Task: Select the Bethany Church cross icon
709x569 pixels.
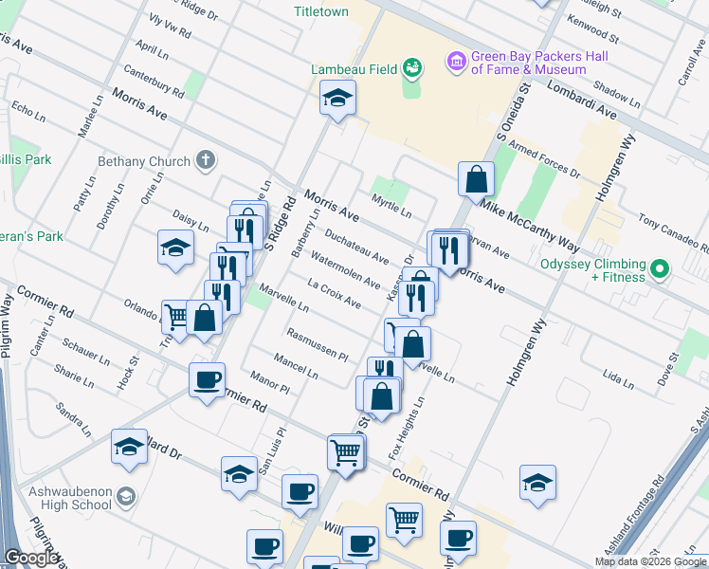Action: pos(205,161)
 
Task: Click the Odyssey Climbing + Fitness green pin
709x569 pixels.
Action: pos(661,270)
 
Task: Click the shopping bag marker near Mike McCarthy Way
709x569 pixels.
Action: pos(476,178)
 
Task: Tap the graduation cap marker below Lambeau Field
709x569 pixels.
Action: pos(337,99)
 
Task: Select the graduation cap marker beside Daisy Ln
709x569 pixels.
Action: pos(175,248)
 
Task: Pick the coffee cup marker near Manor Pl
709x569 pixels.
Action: pos(207,381)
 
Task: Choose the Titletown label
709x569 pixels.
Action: pos(321,12)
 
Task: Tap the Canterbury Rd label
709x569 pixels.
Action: pos(152,82)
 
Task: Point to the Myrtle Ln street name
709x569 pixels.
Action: pos(391,207)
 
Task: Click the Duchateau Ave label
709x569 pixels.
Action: pos(356,245)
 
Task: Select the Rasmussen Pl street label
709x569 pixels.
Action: pos(318,342)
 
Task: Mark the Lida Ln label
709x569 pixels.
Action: pos(617,379)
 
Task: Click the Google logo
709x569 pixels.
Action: pos(31,558)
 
